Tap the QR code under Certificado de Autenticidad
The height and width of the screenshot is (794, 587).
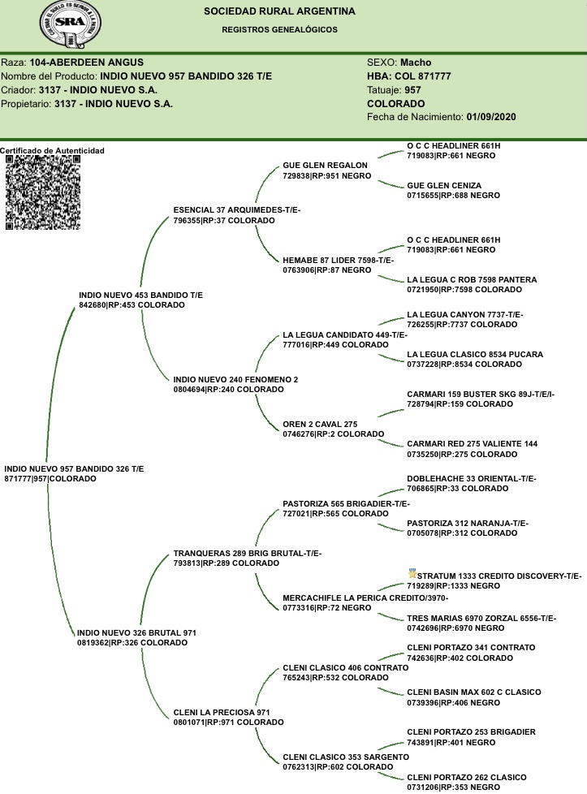pos(44,192)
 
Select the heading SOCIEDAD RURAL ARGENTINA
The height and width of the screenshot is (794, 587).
pos(279,12)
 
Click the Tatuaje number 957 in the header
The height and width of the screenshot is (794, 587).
pos(412,89)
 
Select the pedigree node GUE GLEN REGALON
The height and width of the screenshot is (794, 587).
pos(325,165)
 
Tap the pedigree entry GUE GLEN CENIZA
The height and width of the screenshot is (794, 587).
pos(444,186)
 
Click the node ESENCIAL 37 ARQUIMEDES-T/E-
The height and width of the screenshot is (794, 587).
pos(237,209)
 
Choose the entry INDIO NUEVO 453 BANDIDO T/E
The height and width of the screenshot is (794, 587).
pos(140,295)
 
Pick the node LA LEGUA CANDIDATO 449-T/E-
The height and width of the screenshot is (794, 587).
pos(345,335)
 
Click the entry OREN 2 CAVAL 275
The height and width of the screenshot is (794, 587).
pos(320,424)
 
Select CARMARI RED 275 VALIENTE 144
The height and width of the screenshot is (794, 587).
pos(472,444)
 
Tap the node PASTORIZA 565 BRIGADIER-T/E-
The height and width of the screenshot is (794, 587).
pos(346,503)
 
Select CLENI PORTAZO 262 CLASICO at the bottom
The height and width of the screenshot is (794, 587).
pos(465,777)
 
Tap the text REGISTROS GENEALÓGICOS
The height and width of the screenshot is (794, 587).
pos(279,29)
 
